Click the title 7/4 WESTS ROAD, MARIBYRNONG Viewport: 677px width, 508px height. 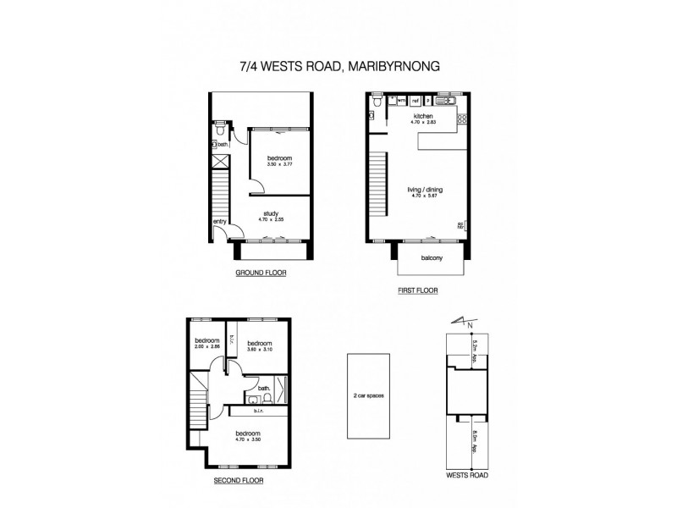(338, 66)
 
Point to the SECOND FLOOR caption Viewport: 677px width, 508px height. (238, 480)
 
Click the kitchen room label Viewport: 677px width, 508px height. (423, 115)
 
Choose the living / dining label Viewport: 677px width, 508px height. (422, 191)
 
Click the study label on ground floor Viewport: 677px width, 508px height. (271, 213)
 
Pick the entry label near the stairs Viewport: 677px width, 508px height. (219, 222)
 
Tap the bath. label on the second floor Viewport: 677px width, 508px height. (263, 388)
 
